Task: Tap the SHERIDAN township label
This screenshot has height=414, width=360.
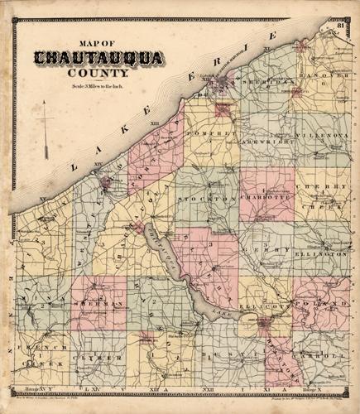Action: point(262,84)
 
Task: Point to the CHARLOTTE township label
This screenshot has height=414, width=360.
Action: point(266,199)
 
